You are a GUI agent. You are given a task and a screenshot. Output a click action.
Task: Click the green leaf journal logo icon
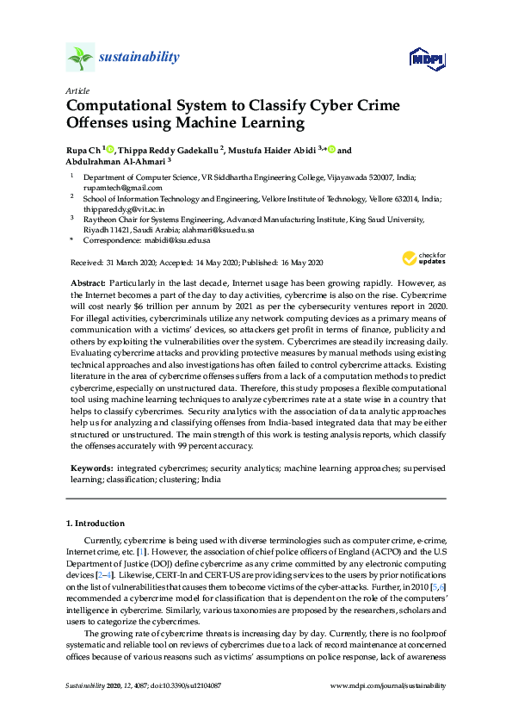point(80,57)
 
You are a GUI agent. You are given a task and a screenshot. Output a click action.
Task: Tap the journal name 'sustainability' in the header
point(140,58)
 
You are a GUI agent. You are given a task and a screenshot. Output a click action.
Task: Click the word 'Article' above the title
point(77,90)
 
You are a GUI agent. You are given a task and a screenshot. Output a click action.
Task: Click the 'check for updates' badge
point(423,258)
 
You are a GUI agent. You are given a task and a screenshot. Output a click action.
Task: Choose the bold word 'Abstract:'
point(89,283)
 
